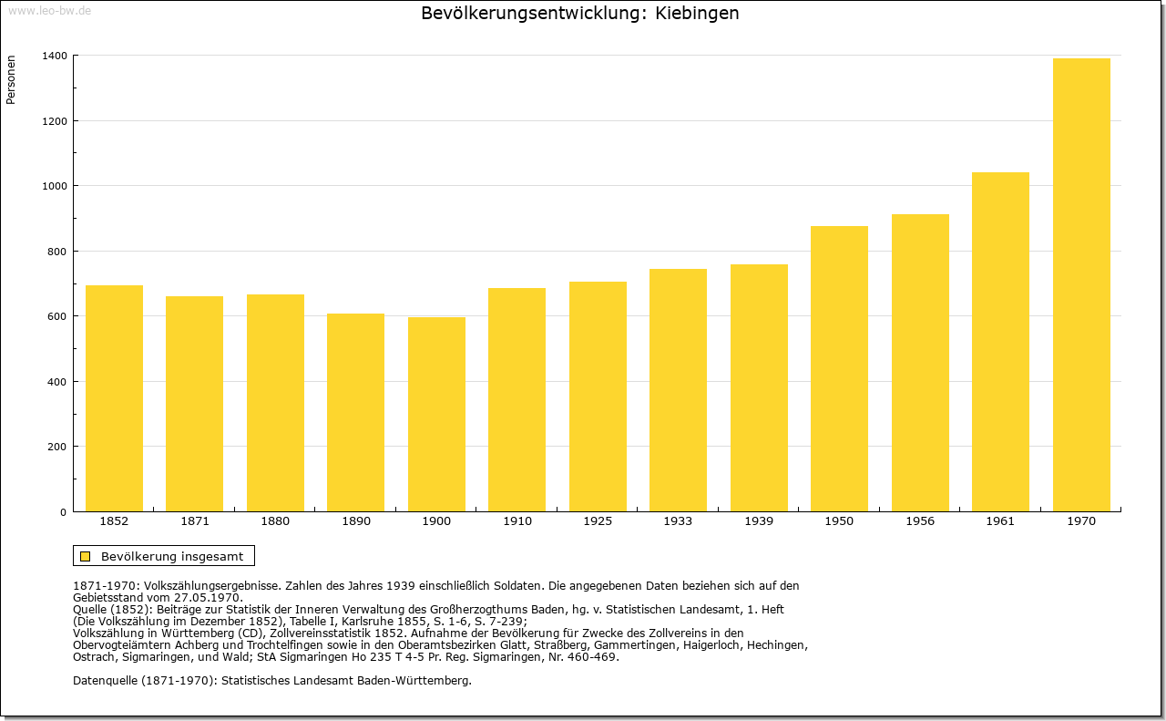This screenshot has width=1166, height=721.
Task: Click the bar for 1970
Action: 1081,285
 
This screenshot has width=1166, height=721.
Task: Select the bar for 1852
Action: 114,398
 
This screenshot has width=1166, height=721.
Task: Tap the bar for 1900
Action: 436,415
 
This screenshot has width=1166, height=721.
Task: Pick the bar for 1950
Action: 839,369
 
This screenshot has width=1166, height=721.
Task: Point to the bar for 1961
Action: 1000,342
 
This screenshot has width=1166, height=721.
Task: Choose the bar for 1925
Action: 598,397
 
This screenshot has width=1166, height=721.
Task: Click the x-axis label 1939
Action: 759,521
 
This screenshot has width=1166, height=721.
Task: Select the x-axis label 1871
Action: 195,521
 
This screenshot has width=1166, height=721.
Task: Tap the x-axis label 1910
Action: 517,521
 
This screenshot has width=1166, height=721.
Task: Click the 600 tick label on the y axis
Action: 56,316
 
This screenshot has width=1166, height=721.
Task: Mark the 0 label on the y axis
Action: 63,512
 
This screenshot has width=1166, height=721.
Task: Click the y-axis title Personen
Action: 11,79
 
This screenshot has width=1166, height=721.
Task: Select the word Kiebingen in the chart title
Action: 697,13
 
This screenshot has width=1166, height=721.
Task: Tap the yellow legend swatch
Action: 86,556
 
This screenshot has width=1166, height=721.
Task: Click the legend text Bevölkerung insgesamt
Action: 172,556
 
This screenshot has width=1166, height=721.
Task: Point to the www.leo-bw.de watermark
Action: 49,11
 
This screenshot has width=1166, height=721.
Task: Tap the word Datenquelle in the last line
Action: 105,680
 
